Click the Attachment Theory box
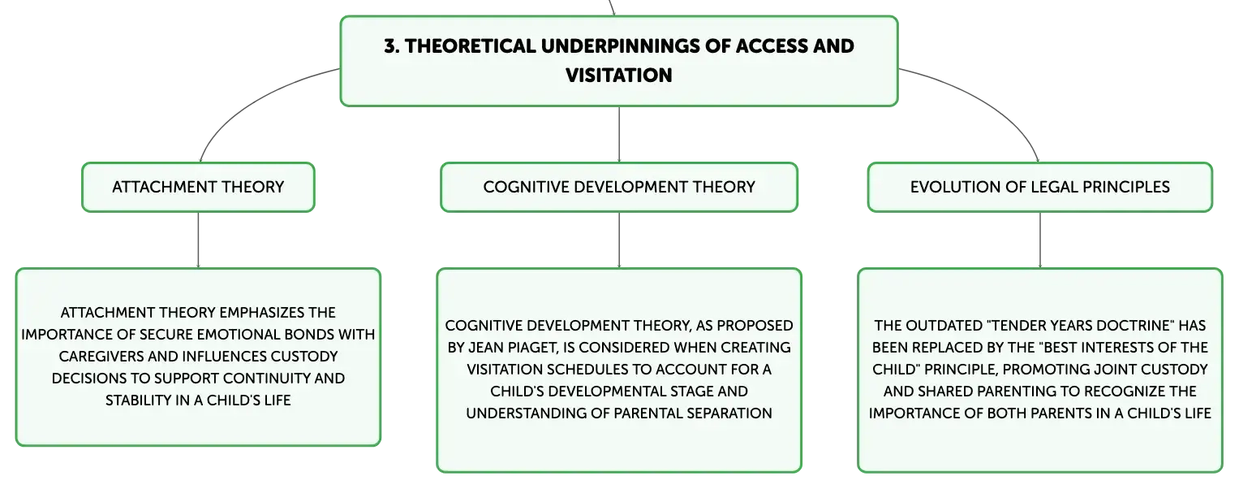198,187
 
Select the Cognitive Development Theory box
619,187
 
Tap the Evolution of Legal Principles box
1040,187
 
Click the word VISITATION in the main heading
619,76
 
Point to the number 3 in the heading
390,46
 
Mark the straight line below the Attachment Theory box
198,240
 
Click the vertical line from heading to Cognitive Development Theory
619,134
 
